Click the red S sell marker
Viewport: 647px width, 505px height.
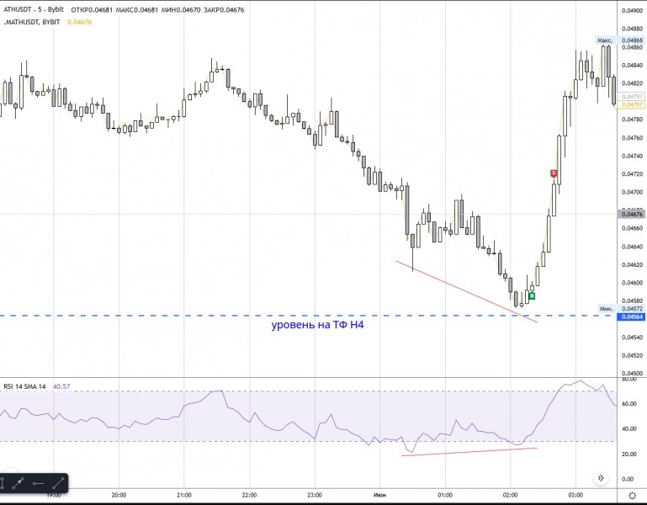(554, 173)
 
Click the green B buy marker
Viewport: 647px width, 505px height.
(532, 295)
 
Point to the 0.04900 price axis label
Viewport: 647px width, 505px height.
(632, 11)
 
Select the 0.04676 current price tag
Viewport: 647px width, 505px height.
(632, 215)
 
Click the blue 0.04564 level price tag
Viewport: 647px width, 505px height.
(632, 316)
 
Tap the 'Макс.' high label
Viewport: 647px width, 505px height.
(604, 40)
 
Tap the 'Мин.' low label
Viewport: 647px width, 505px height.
(605, 308)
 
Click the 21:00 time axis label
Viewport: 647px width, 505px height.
(183, 495)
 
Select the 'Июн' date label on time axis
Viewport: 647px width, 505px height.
(379, 495)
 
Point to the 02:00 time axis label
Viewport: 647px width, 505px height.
(510, 495)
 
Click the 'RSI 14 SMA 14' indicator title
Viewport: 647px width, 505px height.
(25, 386)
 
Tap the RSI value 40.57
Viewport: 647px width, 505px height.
(61, 386)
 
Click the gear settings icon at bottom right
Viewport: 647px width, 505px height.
(632, 496)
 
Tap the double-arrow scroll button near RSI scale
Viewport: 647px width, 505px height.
(601, 478)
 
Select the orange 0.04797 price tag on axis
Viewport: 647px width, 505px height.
(632, 104)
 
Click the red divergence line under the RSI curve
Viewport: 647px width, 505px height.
(469, 452)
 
